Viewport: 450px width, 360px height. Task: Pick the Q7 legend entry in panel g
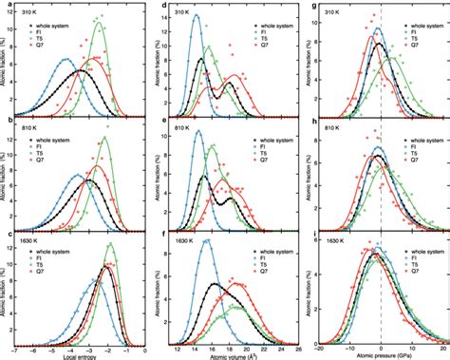click(x=415, y=39)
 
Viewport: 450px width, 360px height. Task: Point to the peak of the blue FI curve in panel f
click(x=203, y=241)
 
